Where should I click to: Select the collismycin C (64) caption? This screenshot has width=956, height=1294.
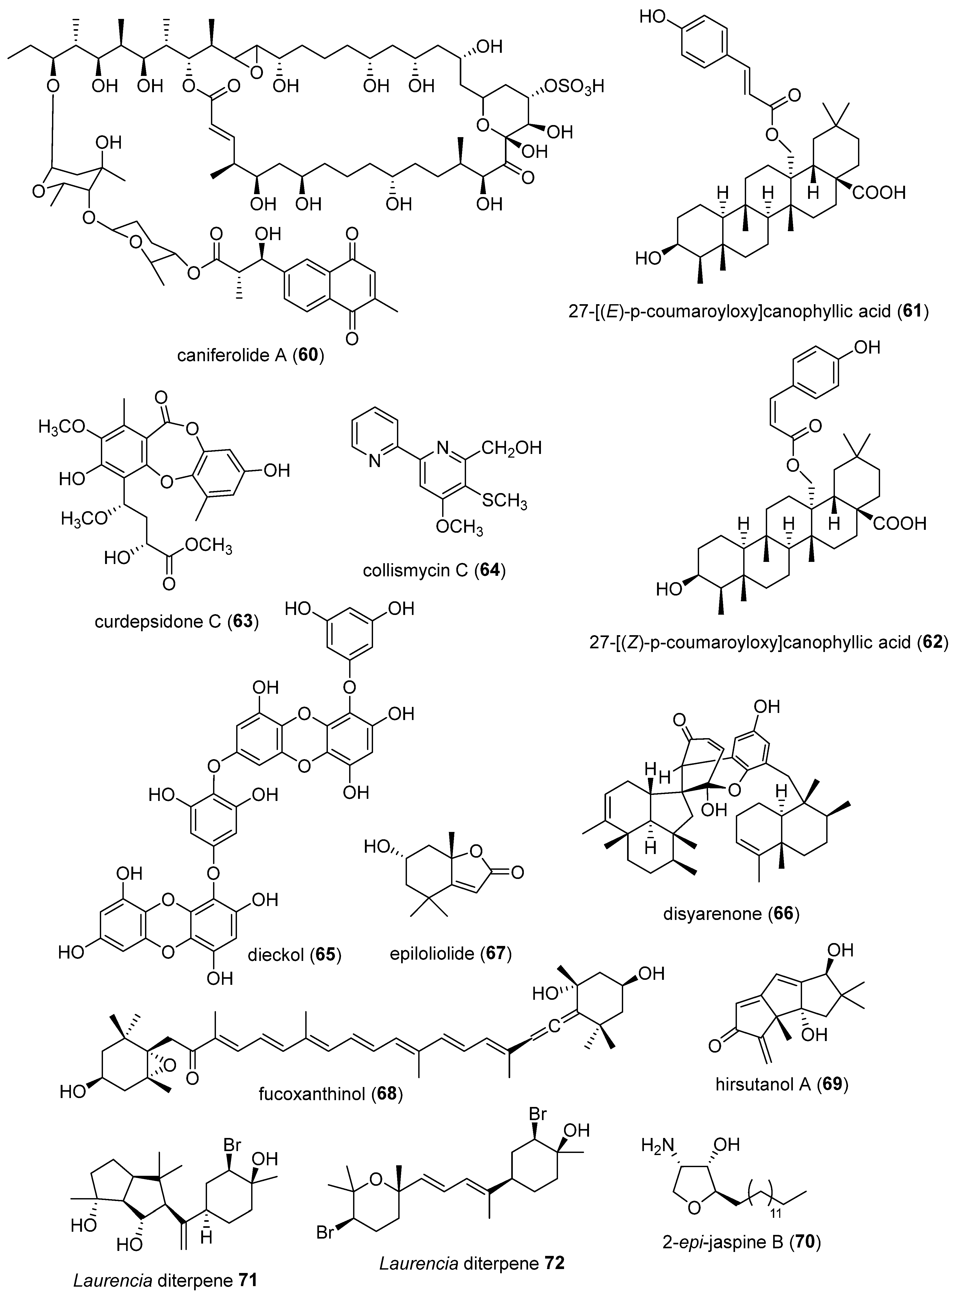point(434,571)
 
